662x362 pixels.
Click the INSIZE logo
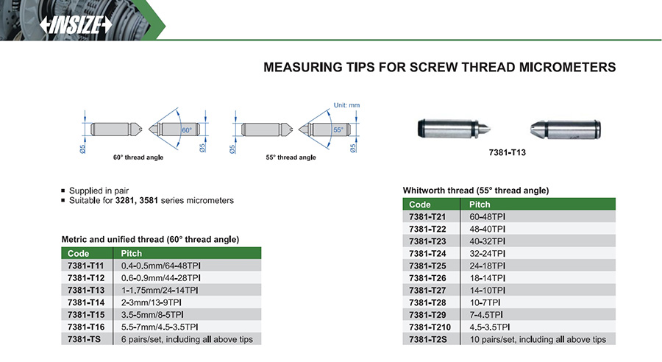coord(76,25)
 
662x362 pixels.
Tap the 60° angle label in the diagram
coord(187,130)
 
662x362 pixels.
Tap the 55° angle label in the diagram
coord(338,129)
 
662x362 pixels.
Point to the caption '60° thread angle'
coord(138,157)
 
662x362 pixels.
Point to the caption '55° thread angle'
coord(291,157)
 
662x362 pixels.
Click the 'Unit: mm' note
coord(346,105)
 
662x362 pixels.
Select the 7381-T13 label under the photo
coord(507,152)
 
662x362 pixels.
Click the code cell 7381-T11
coord(86,266)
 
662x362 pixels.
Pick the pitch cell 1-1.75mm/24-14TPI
coord(160,290)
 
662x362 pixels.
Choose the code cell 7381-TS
coord(84,339)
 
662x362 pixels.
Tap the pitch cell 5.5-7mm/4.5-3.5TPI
coord(160,327)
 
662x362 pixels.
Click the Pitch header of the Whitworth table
coord(480,205)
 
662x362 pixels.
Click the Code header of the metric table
coord(78,253)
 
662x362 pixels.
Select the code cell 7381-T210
coord(430,327)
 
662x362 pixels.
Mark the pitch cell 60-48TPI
coord(487,217)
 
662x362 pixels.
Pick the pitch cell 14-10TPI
coord(487,290)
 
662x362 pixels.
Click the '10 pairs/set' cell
coord(538,339)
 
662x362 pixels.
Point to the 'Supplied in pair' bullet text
coord(99,191)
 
